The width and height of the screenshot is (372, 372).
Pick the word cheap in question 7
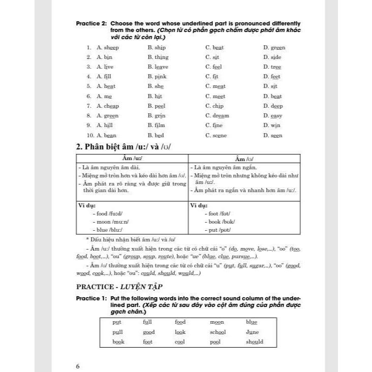tap(111, 106)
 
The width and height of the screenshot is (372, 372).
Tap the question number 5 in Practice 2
tap(88, 86)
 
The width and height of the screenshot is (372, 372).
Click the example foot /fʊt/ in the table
tap(220, 213)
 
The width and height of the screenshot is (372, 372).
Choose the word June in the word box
tap(252, 332)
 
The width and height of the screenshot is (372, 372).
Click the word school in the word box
tap(218, 332)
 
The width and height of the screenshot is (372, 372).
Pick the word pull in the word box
tap(117, 332)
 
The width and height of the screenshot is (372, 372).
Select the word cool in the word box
tap(180, 342)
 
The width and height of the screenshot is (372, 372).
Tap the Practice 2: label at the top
tap(91, 23)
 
